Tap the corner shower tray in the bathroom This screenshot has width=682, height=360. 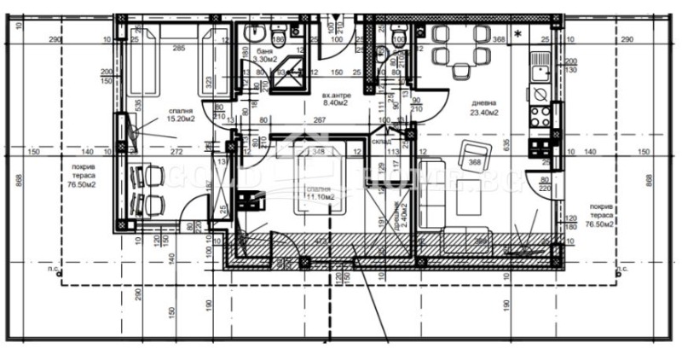tap(293, 64)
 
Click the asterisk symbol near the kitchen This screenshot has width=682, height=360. tap(517, 34)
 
